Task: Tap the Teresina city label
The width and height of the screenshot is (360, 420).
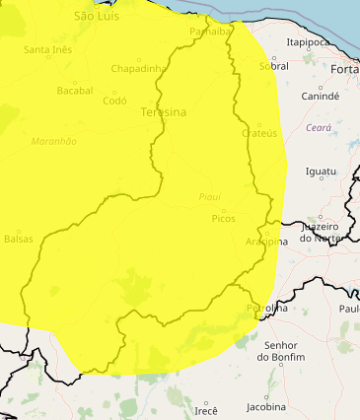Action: point(164,112)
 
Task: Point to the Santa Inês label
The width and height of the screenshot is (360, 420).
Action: point(48,49)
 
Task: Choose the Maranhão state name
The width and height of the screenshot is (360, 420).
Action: point(54,141)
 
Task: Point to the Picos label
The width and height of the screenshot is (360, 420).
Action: point(224,218)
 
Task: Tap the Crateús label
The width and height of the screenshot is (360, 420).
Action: point(258,133)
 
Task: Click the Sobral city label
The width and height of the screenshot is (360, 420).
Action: point(273,66)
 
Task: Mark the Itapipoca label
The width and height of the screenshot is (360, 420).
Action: point(307,42)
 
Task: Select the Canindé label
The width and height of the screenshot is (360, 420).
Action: point(320,97)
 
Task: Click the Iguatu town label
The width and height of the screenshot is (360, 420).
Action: point(322,172)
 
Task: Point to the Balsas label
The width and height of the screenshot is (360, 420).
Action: point(19,239)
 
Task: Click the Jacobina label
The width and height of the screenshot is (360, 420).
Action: point(265,406)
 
